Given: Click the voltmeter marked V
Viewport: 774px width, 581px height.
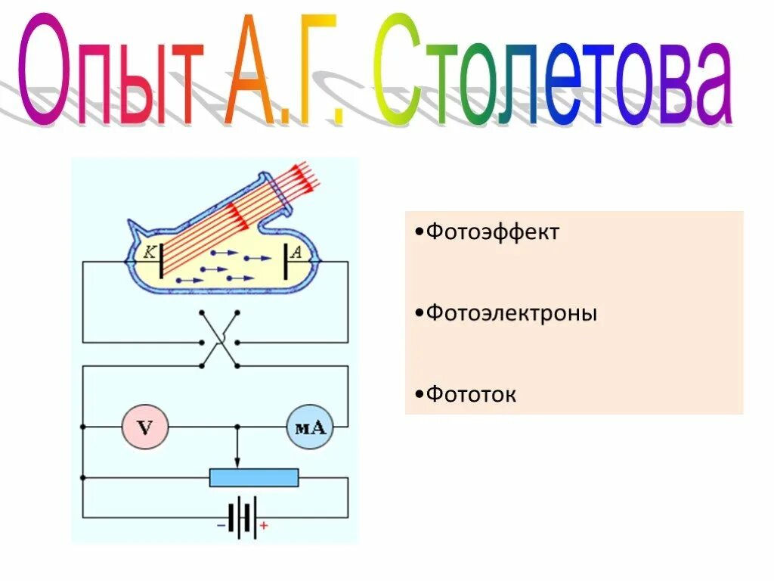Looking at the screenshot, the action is click(144, 427).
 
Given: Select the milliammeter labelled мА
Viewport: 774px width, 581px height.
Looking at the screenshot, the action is click(309, 427).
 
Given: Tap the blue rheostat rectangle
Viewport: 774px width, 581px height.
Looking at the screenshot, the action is click(254, 477).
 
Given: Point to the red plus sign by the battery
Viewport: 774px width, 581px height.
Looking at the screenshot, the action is click(264, 524).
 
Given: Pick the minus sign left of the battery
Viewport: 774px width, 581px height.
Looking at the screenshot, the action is click(220, 524).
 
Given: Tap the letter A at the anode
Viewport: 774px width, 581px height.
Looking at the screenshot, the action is click(296, 254).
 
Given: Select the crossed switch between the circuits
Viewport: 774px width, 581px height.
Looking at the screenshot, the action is click(219, 339).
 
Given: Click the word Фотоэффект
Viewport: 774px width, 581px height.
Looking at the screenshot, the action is click(492, 231).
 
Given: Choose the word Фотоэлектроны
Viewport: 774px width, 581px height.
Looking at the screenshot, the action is click(511, 312).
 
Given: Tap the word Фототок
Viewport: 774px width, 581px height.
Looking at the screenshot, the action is click(471, 394).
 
